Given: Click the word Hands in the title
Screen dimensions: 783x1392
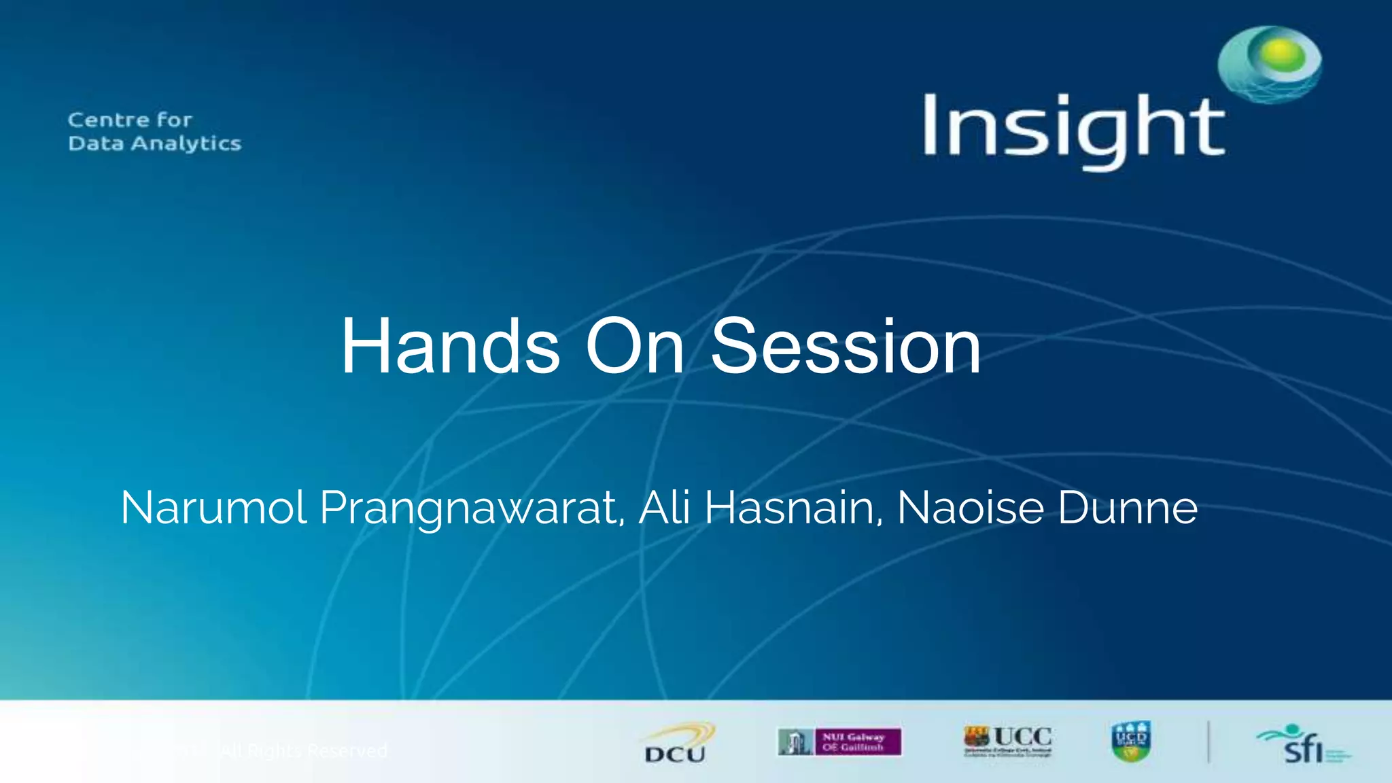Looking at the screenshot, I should [x=450, y=347].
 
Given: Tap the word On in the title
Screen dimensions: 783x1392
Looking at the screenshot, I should [x=634, y=347].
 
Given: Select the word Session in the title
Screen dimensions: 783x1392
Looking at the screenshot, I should [x=846, y=347].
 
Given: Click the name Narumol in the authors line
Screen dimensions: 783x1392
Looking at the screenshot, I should [x=213, y=508].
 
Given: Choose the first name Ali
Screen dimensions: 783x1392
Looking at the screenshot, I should [x=664, y=508].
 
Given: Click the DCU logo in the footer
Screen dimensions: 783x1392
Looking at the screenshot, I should [x=676, y=744].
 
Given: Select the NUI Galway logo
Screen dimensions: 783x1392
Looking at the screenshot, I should [x=839, y=742].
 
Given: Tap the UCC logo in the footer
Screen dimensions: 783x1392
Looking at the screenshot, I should [x=1008, y=741].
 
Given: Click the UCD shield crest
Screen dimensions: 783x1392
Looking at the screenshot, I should [x=1131, y=742].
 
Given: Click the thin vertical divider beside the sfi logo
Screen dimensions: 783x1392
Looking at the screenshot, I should [x=1208, y=742].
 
